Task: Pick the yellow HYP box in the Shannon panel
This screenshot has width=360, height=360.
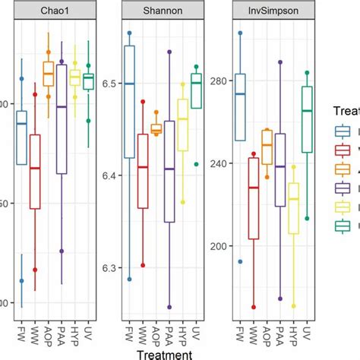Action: (182, 125)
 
